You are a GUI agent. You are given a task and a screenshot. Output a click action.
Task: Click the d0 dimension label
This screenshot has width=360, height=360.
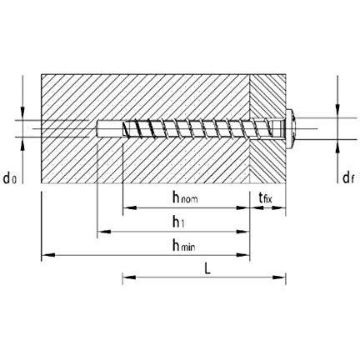click(10, 178)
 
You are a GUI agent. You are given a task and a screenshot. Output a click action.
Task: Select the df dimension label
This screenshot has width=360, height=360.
click(348, 177)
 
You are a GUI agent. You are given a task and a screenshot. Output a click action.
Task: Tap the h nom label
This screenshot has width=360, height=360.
click(185, 197)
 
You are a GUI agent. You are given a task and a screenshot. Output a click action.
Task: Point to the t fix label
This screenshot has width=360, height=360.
click(266, 197)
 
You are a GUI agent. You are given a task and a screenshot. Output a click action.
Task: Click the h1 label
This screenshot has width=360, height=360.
click(178, 222)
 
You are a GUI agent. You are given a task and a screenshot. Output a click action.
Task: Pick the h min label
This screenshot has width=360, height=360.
click(183, 246)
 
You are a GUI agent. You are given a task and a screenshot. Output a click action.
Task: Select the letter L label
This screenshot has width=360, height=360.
click(207, 268)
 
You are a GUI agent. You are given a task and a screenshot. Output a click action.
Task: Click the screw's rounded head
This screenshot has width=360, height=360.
click(291, 128)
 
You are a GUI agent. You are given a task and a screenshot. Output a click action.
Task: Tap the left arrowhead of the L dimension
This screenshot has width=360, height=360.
click(129, 277)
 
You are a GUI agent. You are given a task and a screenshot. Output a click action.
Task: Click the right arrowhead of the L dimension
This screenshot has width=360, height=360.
click(279, 277)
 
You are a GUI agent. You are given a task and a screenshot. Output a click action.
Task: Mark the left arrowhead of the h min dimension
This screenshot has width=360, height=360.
click(48, 255)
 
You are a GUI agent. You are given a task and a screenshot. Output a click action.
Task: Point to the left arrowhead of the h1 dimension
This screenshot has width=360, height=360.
click(104, 232)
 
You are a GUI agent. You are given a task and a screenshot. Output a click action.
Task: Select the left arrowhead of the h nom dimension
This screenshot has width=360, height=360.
click(129, 207)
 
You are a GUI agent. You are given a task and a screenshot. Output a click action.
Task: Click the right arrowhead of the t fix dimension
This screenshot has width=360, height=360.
click(279, 207)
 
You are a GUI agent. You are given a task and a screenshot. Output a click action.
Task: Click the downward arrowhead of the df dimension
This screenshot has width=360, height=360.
click(337, 111)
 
